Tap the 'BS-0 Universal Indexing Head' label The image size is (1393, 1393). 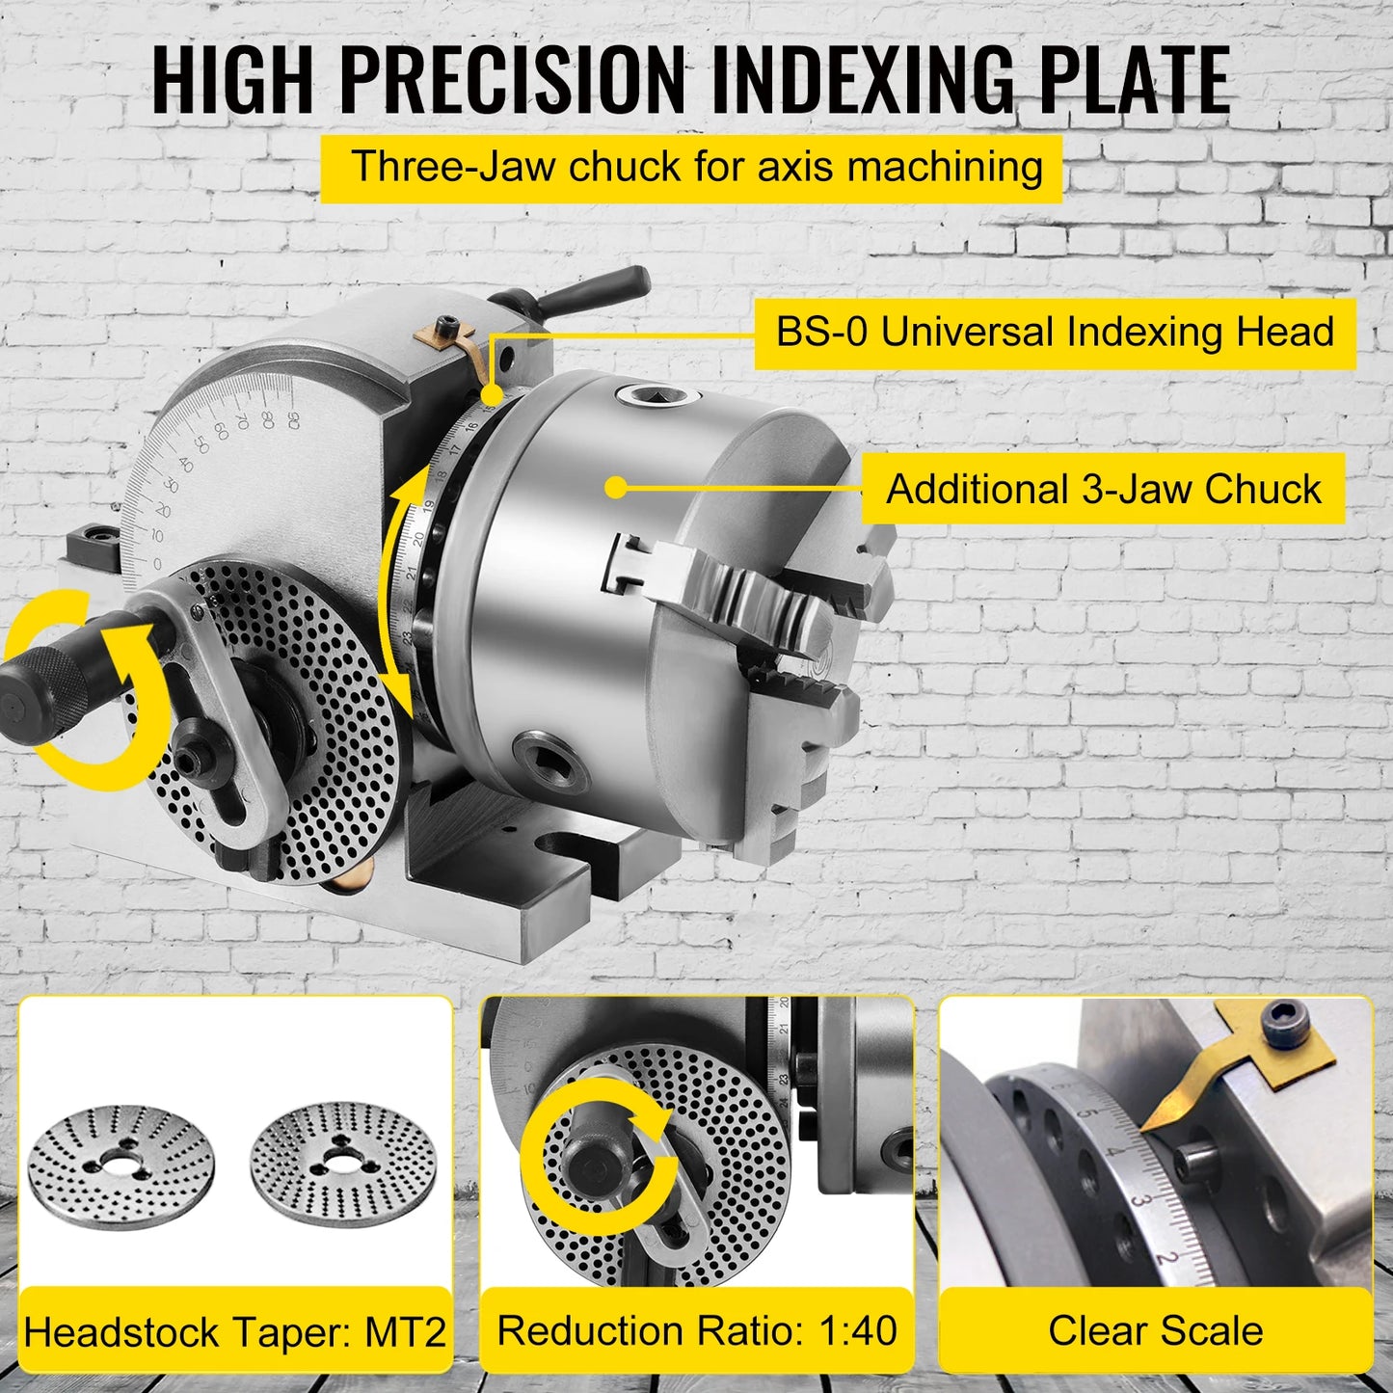pyautogui.click(x=1055, y=333)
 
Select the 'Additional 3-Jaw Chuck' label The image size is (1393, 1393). pyautogui.click(x=1103, y=489)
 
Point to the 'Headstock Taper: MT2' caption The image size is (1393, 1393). pyautogui.click(x=235, y=1332)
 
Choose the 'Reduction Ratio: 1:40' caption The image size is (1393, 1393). pyautogui.click(x=697, y=1330)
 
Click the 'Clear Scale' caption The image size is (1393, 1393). pyautogui.click(x=1155, y=1330)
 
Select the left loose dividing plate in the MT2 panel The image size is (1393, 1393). pyautogui.click(x=121, y=1162)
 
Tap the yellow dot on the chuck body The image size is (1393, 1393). pyautogui.click(x=617, y=487)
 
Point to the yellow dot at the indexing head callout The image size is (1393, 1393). pyautogui.click(x=492, y=394)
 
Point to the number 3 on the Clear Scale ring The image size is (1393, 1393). pyautogui.click(x=1139, y=1201)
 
